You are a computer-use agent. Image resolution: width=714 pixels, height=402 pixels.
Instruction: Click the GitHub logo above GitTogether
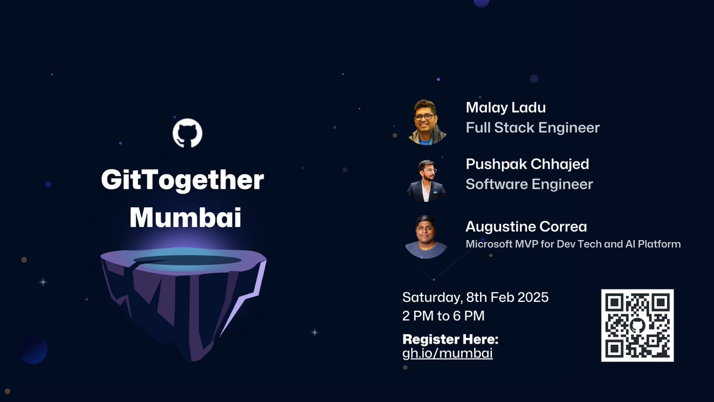point(187,133)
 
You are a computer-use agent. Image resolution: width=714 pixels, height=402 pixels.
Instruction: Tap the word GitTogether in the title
point(182,180)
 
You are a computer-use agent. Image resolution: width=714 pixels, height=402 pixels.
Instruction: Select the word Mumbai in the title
point(185,217)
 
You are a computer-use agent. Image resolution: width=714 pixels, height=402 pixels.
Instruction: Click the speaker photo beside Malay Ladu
point(427,122)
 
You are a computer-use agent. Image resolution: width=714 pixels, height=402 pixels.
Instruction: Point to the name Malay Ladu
point(506,107)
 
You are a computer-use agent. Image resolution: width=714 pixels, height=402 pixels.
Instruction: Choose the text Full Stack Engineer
point(533,127)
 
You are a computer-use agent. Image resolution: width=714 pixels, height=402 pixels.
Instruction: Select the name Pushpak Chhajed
point(527,164)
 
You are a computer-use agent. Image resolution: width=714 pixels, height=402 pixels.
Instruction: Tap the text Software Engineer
point(529,183)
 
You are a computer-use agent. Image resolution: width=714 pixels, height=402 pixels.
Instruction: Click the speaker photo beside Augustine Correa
point(426,236)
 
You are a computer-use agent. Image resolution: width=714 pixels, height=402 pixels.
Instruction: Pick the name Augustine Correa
point(526,226)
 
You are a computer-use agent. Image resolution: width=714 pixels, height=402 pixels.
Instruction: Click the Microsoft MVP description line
point(572,244)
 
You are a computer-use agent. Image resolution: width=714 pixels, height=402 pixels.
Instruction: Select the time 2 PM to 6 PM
point(447,316)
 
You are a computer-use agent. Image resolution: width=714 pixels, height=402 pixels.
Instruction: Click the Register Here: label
point(450,339)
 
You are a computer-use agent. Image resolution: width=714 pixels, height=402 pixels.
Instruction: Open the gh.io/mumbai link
point(447,353)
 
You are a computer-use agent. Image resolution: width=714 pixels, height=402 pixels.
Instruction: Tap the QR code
point(637,325)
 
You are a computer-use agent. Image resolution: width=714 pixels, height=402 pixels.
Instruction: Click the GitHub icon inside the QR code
point(637,325)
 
